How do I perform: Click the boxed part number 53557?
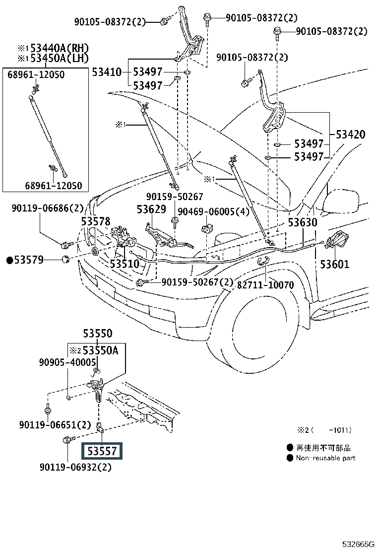[x=102, y=451]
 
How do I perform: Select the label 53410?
[x=106, y=72]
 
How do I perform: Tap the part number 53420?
[x=350, y=135]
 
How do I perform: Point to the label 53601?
[x=334, y=264]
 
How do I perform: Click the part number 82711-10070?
[x=265, y=285]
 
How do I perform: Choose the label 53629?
[x=151, y=209]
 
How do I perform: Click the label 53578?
[x=96, y=221]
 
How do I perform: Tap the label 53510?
[x=125, y=264]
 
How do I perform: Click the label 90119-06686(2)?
[x=48, y=208]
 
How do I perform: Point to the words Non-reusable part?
[x=326, y=458]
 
